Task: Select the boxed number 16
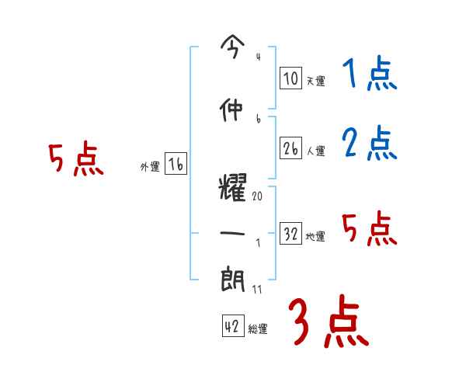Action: coord(176,165)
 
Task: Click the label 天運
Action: coord(315,80)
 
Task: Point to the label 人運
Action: coord(315,150)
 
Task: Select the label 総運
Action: coord(258,328)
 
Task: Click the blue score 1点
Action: coord(368,75)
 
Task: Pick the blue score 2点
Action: coord(369,144)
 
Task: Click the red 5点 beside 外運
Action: coord(75,160)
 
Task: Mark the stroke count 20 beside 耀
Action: coord(258,196)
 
